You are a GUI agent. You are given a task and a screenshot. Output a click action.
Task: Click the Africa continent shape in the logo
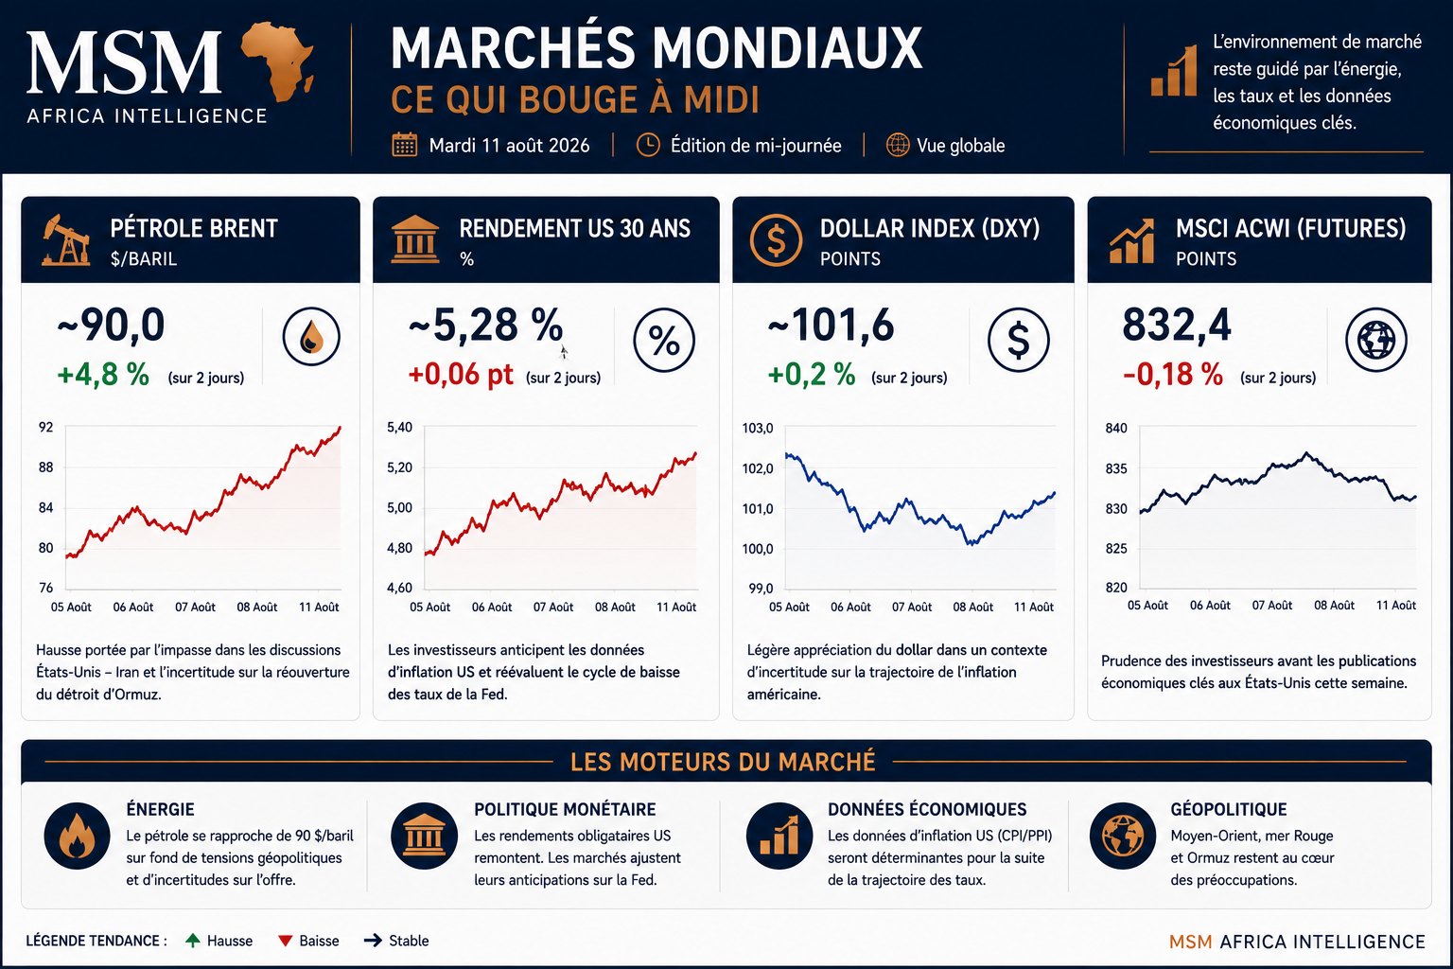pyautogui.click(x=277, y=61)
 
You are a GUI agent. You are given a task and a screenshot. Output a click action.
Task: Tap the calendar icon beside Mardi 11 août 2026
pyautogui.click(x=405, y=145)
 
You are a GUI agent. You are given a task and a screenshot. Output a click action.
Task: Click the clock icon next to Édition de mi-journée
pyautogui.click(x=647, y=145)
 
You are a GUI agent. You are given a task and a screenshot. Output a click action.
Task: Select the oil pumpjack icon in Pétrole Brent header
pyautogui.click(x=65, y=240)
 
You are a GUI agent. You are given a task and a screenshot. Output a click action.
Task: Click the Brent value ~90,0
pyautogui.click(x=111, y=326)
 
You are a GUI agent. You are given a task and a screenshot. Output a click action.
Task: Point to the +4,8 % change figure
pyautogui.click(x=104, y=375)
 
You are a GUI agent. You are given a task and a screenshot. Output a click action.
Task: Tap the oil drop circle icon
pyautogui.click(x=311, y=336)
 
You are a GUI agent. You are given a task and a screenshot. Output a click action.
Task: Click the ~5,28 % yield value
pyautogui.click(x=485, y=326)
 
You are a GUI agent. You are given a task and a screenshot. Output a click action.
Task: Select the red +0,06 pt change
pyautogui.click(x=461, y=375)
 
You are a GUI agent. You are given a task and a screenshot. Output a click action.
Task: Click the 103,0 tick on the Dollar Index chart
pyautogui.click(x=758, y=429)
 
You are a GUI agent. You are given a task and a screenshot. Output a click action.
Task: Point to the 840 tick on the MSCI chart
pyautogui.click(x=1116, y=429)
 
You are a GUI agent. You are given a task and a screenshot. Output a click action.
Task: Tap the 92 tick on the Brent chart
pyautogui.click(x=46, y=427)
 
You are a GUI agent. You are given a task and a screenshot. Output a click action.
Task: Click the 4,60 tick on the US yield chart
pyautogui.click(x=399, y=588)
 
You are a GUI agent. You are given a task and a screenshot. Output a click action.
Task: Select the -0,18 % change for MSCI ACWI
pyautogui.click(x=1173, y=375)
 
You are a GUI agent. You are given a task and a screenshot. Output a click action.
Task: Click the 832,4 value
pyautogui.click(x=1177, y=326)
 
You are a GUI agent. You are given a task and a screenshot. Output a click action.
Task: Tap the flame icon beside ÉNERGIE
pyautogui.click(x=78, y=836)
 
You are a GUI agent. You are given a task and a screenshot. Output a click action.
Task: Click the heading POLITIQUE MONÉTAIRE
pyautogui.click(x=565, y=809)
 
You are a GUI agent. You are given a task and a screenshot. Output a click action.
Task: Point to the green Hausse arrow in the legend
pyautogui.click(x=193, y=941)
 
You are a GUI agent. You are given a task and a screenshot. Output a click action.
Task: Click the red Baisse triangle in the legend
pyautogui.click(x=285, y=941)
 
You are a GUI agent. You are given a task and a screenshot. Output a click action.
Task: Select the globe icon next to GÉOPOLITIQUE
pyautogui.click(x=1123, y=836)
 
